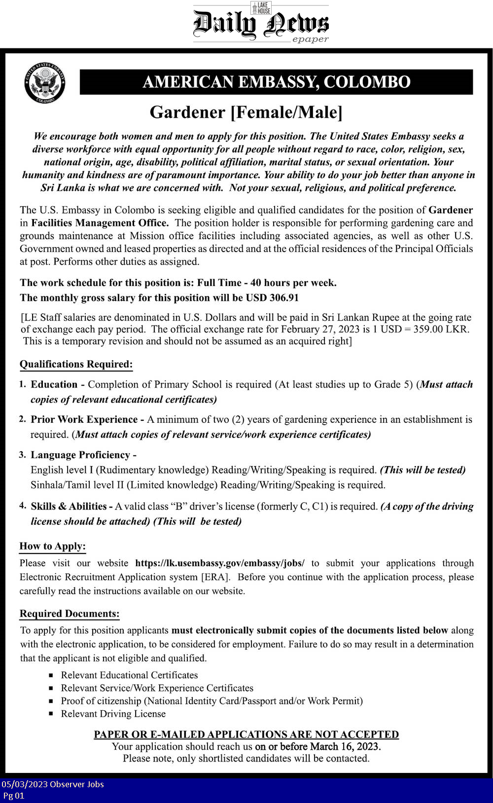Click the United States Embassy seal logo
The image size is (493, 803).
coord(45,82)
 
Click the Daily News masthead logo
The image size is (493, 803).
coord(261,24)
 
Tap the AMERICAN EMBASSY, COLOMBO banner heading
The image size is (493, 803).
coord(276,82)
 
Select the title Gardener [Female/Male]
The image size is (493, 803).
coord(246,112)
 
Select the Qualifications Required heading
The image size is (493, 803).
coord(76,365)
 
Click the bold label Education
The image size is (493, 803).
coord(54,385)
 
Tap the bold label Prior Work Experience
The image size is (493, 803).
coord(84,420)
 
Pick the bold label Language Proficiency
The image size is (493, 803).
coord(80,455)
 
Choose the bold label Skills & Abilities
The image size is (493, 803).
coord(69,507)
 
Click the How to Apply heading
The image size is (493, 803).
coord(52,547)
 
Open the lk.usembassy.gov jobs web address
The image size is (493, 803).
coord(220,563)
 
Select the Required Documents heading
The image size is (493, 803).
coord(70,614)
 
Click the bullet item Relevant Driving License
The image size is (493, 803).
coord(113,714)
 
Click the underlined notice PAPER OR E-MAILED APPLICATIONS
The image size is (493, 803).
coord(246,734)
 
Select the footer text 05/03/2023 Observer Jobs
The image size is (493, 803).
coord(53,784)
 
